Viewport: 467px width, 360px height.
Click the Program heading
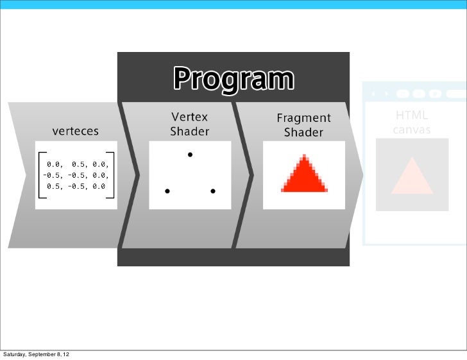point(233,80)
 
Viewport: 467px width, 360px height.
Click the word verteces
point(76,131)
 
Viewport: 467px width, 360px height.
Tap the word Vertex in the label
point(189,117)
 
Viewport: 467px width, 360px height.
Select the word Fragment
point(303,118)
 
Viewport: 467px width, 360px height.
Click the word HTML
point(411,116)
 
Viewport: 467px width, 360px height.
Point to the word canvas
point(411,130)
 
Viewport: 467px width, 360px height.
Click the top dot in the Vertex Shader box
point(190,155)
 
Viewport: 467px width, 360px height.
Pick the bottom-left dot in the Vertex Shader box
point(167,191)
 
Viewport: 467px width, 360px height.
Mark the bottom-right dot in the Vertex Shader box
point(212,191)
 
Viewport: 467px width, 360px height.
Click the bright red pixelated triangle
point(304,176)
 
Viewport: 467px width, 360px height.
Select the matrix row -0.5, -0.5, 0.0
point(76,175)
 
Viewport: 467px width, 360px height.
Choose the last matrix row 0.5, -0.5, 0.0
point(75,185)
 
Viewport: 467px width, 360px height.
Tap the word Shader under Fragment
point(303,132)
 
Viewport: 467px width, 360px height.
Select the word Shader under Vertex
point(189,132)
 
